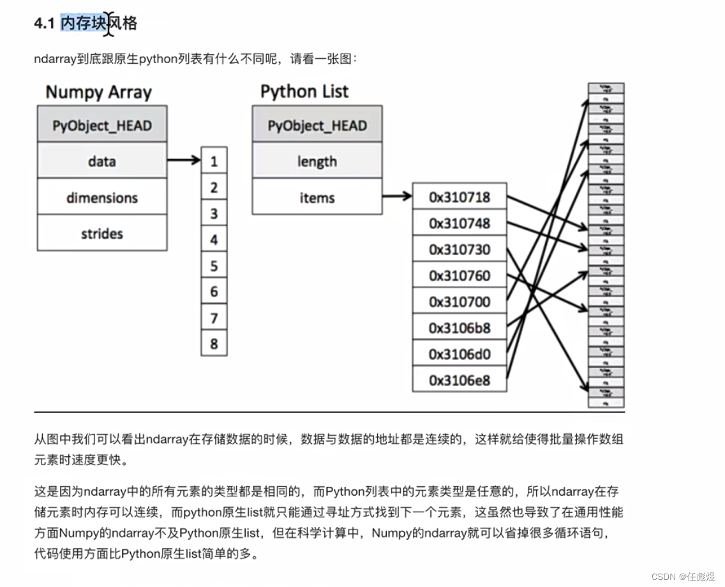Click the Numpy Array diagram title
(x=98, y=92)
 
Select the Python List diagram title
(x=304, y=91)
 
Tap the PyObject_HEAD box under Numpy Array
(x=102, y=124)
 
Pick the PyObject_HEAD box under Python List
(x=317, y=124)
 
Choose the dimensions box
(x=102, y=197)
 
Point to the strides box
(x=102, y=233)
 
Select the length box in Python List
(x=317, y=161)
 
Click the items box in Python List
(x=317, y=197)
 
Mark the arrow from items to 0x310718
(x=397, y=197)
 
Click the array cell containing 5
(x=214, y=265)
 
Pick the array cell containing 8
(x=214, y=344)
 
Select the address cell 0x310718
(x=460, y=197)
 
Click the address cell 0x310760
(x=460, y=276)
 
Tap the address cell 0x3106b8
(x=460, y=328)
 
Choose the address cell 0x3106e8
(x=460, y=380)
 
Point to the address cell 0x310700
(x=460, y=302)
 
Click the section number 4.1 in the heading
(x=45, y=24)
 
